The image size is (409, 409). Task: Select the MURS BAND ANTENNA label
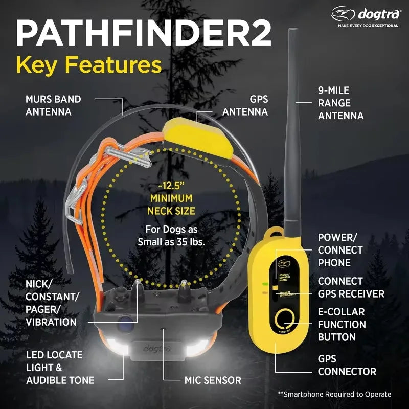point(53,105)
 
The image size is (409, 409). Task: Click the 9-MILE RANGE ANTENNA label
point(340,103)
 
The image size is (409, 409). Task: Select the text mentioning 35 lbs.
point(171,236)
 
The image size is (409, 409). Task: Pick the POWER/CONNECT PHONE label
point(340,251)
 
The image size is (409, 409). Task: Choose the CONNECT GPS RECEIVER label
point(351,287)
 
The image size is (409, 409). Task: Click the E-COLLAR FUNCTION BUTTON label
point(342,324)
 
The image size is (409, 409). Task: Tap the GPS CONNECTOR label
point(347,365)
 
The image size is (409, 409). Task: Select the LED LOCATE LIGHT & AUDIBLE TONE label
point(60,367)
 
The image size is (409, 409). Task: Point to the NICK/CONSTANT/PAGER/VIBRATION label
point(51,303)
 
